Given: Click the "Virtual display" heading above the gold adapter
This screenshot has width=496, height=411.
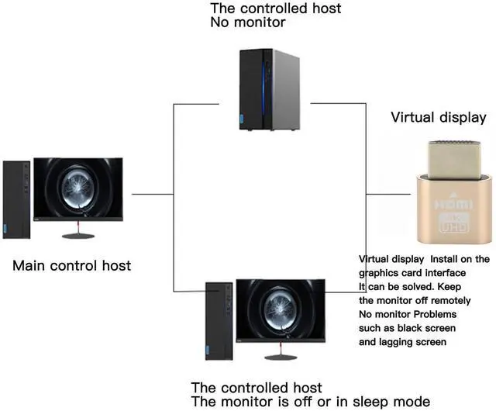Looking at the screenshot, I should coord(438,118).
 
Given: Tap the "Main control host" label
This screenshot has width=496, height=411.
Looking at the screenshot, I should coord(71,266).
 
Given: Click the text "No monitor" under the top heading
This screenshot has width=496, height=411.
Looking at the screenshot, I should coord(248,22).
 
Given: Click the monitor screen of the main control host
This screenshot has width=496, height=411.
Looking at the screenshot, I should coord(78,188).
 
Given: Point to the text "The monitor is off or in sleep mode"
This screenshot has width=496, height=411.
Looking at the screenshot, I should coord(310,402).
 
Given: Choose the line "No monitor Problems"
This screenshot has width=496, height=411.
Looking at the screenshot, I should coord(408,315).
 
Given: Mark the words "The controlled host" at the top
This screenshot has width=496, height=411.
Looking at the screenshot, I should coord(275,9).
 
